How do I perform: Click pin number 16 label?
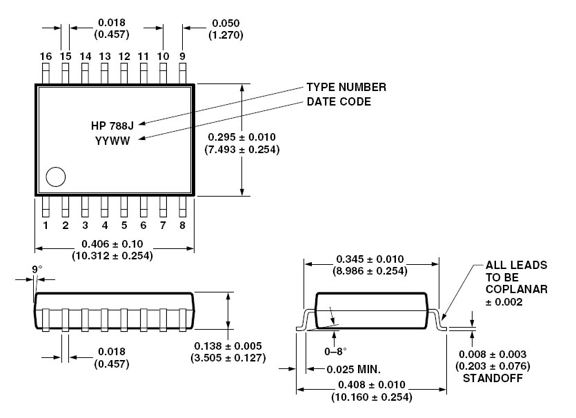[x=46, y=56]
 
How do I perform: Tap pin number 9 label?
[x=182, y=56]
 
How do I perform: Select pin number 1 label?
[x=46, y=225]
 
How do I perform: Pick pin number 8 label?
[x=182, y=225]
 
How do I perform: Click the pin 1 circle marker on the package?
[x=56, y=177]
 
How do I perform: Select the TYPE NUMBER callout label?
[x=346, y=88]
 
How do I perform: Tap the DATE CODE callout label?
[x=339, y=102]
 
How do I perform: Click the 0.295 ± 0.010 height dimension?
[x=242, y=137]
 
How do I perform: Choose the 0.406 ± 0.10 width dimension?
[x=112, y=243]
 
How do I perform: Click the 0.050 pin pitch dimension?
[x=227, y=23]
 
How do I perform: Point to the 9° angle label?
[x=37, y=270]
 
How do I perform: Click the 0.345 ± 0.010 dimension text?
[x=370, y=259]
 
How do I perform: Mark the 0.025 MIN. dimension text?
[x=353, y=368]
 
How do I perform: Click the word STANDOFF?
[x=491, y=379]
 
